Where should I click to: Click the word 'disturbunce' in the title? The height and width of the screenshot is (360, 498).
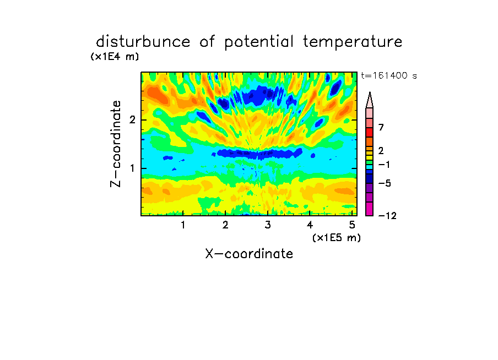(x=143, y=42)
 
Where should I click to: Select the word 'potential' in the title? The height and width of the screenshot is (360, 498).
(x=258, y=42)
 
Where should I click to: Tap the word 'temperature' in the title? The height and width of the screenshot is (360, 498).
(x=353, y=42)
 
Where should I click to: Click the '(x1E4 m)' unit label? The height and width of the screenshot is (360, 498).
(x=115, y=57)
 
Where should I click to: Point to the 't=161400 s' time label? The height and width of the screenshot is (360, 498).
(x=389, y=75)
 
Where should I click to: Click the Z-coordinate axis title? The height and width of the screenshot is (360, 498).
(x=116, y=144)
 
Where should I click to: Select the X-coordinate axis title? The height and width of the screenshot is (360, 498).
(x=249, y=254)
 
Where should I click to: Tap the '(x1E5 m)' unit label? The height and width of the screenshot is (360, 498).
(x=337, y=238)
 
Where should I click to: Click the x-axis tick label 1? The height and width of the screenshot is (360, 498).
(x=183, y=225)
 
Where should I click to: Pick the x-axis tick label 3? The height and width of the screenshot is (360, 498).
(x=268, y=225)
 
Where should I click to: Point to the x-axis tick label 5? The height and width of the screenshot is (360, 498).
(x=352, y=225)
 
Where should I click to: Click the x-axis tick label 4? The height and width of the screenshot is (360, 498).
(x=310, y=225)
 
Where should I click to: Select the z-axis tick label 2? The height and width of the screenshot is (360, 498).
(x=132, y=120)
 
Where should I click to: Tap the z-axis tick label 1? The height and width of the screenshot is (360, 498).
(x=132, y=168)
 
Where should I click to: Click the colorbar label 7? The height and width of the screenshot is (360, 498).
(x=381, y=127)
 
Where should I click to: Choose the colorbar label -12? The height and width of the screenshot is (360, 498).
(x=387, y=216)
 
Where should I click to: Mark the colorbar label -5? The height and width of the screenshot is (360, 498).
(x=385, y=183)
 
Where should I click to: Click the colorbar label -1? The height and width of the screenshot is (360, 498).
(x=384, y=165)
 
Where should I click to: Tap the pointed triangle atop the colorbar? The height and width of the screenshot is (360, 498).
(x=370, y=100)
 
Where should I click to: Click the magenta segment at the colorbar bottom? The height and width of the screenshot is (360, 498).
(x=370, y=209)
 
